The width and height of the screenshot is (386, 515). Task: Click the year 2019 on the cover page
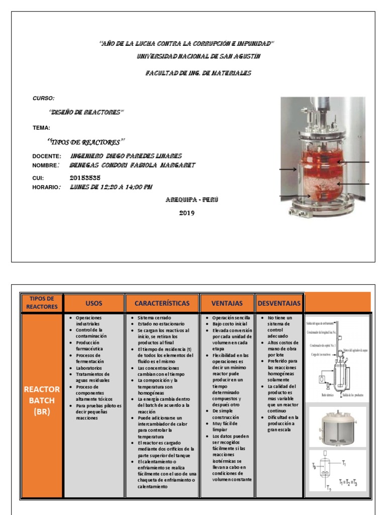click(186, 213)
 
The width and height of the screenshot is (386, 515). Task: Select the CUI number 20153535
click(85, 178)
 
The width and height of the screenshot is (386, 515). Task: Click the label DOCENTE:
click(47, 156)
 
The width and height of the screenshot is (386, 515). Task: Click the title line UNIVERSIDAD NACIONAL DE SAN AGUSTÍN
click(199, 56)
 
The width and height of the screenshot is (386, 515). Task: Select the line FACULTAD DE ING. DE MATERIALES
click(198, 73)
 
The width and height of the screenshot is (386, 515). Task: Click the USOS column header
click(93, 303)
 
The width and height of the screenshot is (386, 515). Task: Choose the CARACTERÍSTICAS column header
click(162, 303)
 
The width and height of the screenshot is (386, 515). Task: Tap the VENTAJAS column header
click(227, 303)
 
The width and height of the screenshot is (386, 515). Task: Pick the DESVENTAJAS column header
click(279, 303)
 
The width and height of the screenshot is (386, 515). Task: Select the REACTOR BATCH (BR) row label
click(41, 401)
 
